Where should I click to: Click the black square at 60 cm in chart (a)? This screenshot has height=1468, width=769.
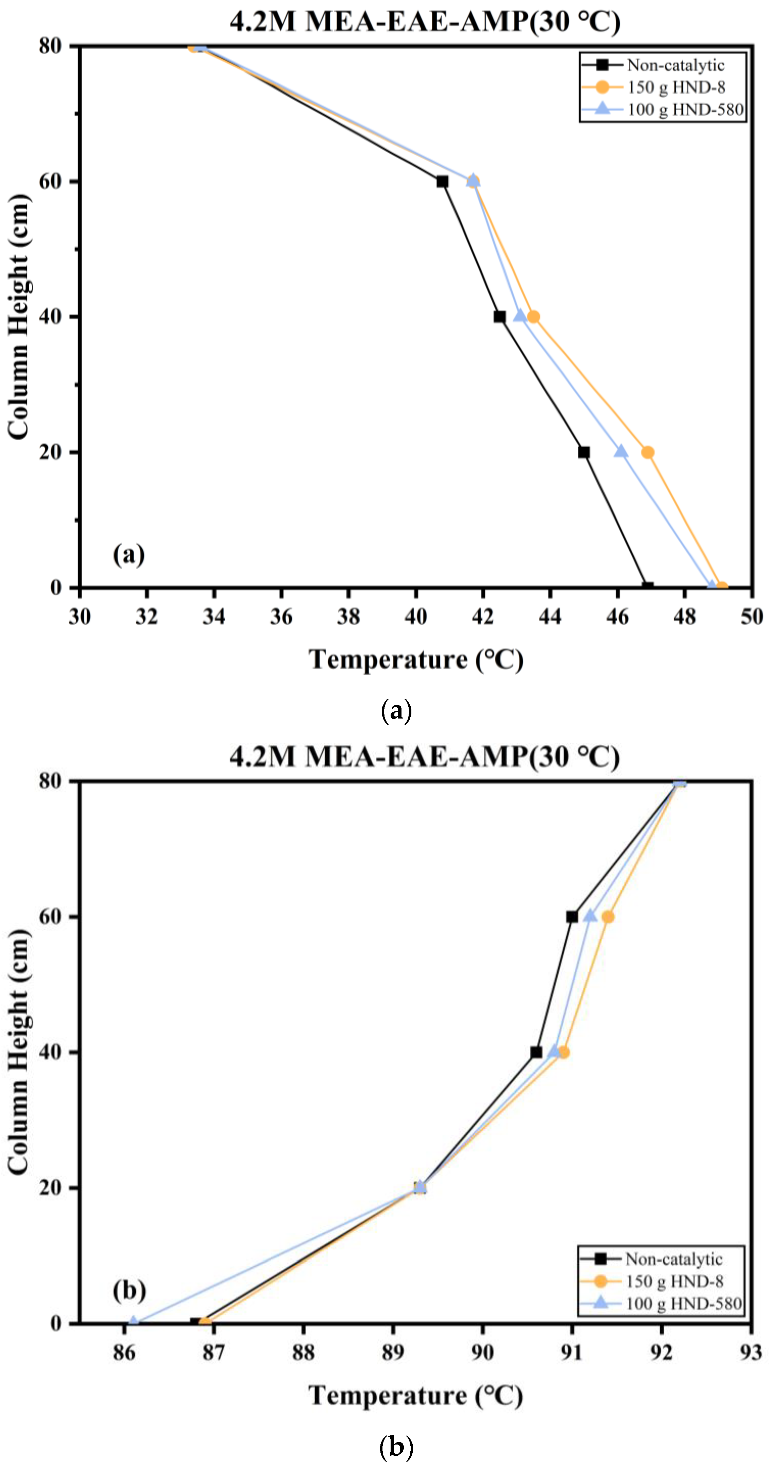[442, 181]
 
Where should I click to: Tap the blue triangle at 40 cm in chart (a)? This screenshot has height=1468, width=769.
[519, 316]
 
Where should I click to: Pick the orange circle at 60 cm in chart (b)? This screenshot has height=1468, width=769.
[608, 916]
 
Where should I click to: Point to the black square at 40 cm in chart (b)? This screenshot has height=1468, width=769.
[536, 1052]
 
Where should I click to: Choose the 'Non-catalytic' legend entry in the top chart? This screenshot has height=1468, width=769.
[675, 65]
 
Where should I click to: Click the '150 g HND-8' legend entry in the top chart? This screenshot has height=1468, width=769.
[676, 87]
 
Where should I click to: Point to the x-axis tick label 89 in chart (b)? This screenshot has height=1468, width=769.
[392, 1352]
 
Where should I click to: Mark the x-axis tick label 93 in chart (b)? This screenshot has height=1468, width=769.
[751, 1352]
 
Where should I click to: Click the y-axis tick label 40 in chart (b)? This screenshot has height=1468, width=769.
[50, 1052]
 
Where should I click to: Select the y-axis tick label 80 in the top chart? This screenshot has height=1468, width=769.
[50, 46]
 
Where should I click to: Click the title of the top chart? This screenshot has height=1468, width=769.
[424, 22]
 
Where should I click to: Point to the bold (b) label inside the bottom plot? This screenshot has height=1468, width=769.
[129, 1289]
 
